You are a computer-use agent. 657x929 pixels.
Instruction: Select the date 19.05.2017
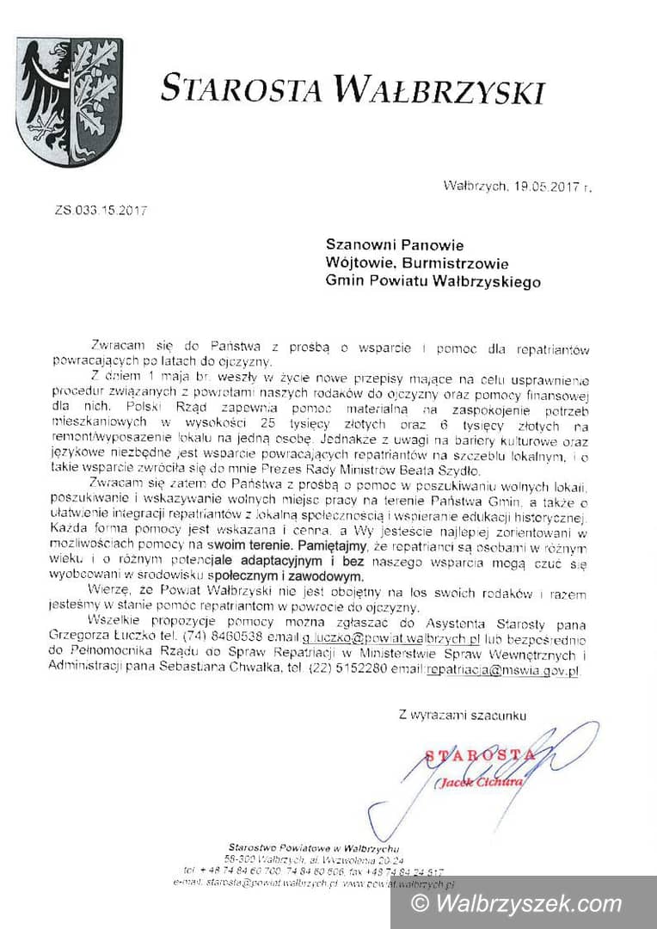(x=543, y=185)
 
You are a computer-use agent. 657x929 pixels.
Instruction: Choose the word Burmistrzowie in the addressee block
(x=464, y=263)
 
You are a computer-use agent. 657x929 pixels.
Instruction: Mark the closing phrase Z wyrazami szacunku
(x=462, y=714)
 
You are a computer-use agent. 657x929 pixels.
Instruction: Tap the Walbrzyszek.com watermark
(x=526, y=903)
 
